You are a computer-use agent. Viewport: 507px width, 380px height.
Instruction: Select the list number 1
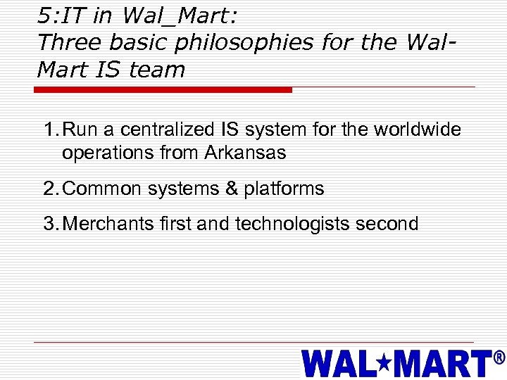coord(49,130)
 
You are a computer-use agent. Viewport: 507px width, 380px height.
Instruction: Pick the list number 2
coord(49,189)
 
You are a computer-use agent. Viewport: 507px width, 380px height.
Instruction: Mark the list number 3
coord(49,224)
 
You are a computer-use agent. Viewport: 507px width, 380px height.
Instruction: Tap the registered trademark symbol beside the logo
coord(499,357)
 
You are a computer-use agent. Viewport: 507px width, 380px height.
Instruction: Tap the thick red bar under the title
coord(163,90)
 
